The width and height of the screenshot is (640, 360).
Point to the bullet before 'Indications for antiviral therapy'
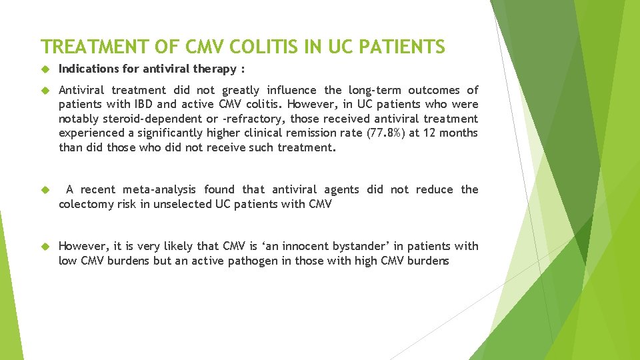click(x=45, y=69)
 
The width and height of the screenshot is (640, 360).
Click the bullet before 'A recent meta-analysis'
click(x=45, y=190)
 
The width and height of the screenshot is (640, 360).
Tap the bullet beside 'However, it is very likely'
click(x=45, y=247)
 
